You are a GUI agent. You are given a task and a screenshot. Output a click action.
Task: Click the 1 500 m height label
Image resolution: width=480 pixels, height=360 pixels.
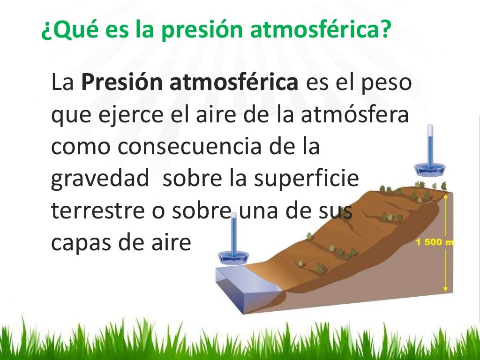click(x=435, y=242)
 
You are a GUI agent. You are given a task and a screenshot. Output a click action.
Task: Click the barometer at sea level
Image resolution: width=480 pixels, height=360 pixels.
click(x=233, y=244)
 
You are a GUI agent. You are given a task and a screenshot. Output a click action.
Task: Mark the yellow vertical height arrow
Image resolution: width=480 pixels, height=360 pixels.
click(x=446, y=244)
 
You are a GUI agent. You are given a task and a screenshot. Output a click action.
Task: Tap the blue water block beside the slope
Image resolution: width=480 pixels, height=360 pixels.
click(x=246, y=286)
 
